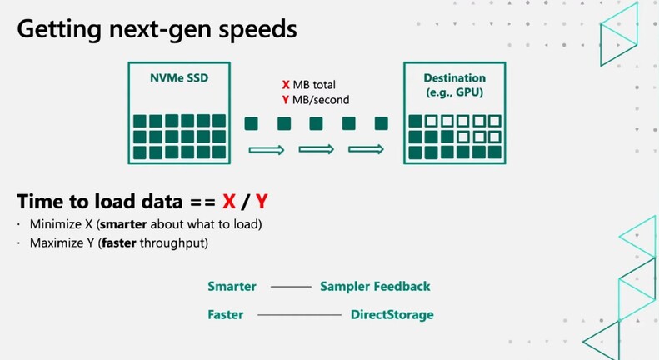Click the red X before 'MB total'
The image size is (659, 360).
tap(286, 84)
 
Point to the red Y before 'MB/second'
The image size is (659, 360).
tap(286, 100)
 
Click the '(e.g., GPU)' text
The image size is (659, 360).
tap(453, 92)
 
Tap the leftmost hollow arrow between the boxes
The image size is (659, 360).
tap(267, 150)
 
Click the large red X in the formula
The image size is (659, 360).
tap(232, 202)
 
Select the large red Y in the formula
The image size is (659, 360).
tap(262, 202)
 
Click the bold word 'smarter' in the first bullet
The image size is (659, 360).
tap(126, 225)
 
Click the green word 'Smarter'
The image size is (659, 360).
tap(232, 287)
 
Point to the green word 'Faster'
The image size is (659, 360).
tap(226, 315)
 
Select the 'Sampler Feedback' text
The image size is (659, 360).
tap(375, 287)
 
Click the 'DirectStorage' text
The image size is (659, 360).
tap(392, 315)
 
